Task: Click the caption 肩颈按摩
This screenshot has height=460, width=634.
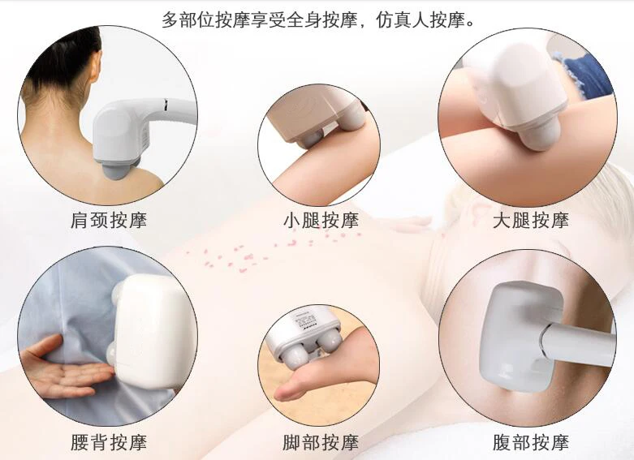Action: [108, 220]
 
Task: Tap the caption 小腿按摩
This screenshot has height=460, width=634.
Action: [319, 220]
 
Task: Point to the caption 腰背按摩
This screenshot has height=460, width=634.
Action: [108, 442]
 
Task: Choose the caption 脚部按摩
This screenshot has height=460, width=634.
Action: [319, 442]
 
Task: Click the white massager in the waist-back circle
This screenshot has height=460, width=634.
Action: [150, 329]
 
